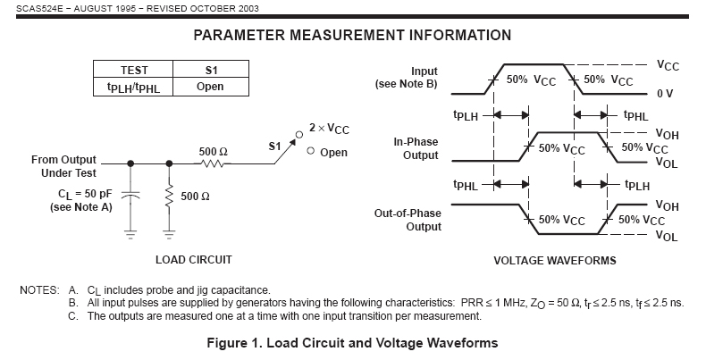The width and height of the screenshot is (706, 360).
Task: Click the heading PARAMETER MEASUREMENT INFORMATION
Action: tap(352, 36)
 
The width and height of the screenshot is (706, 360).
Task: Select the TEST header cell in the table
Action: tap(134, 70)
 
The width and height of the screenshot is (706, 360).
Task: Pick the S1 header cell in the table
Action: tap(210, 70)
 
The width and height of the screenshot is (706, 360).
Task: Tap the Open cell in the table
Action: tap(210, 87)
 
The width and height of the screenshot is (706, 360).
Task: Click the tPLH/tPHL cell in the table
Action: tap(134, 88)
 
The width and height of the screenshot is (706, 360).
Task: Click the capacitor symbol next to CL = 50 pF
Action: tap(132, 194)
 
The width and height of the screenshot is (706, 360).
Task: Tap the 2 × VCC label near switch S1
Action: tap(329, 130)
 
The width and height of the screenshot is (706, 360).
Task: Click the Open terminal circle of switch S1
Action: tap(310, 152)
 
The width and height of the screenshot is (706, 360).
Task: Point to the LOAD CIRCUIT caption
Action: tap(194, 260)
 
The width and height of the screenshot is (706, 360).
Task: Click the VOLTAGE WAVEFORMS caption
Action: tap(554, 261)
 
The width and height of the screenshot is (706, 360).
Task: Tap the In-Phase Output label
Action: tap(416, 148)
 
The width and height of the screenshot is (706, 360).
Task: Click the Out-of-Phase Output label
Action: tap(411, 220)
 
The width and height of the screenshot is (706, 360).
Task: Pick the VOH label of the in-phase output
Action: tap(667, 135)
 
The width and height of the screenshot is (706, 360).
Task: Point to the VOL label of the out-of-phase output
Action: tap(666, 236)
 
